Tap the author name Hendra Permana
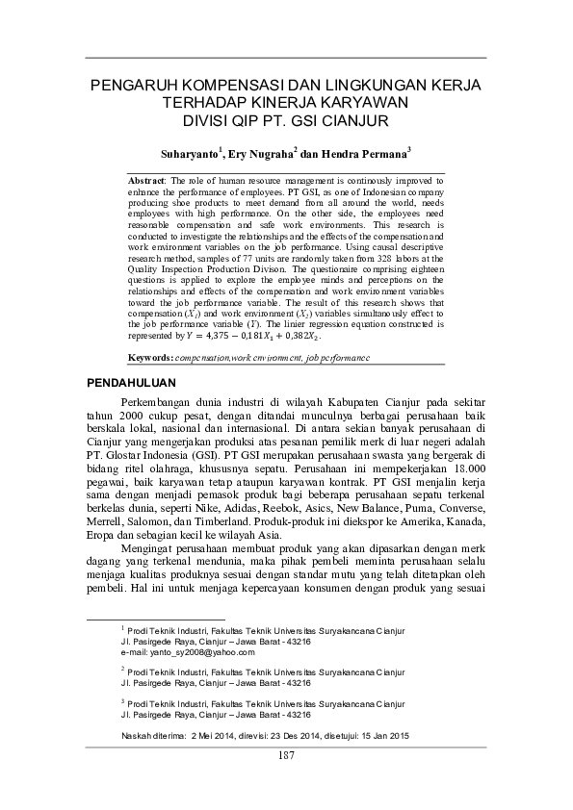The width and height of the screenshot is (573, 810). pos(369,152)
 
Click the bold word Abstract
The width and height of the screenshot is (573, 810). pos(147,180)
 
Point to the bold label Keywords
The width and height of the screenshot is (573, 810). pos(149,357)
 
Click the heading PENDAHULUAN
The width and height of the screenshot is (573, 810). pos(127,383)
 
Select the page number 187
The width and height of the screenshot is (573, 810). pos(285,754)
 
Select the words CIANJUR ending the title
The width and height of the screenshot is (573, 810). pos(356,121)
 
